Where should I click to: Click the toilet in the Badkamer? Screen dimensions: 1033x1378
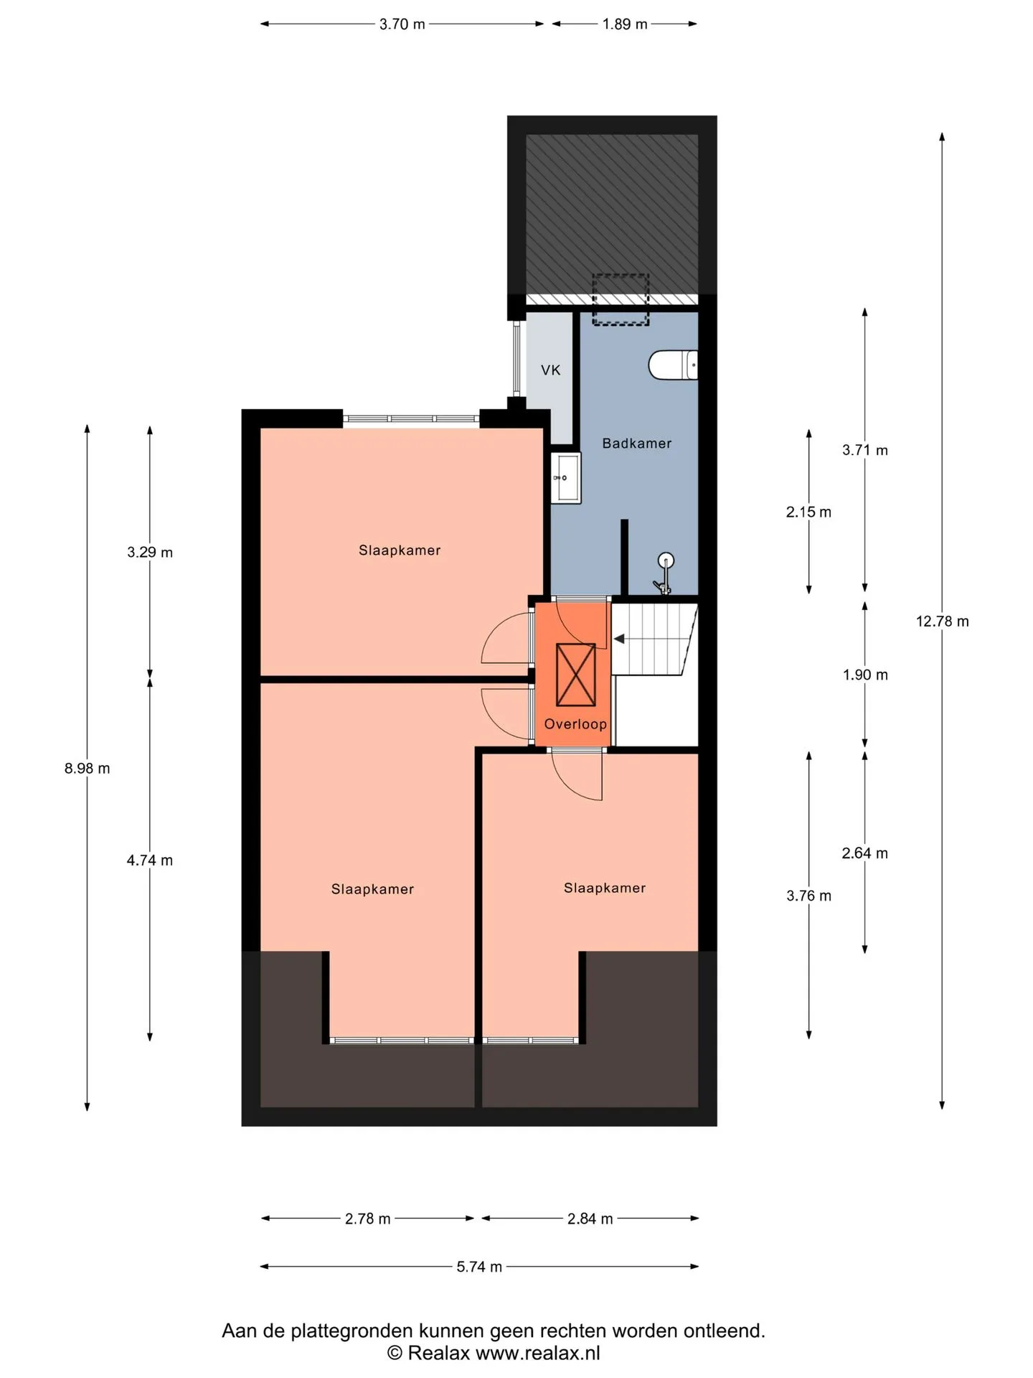point(673,365)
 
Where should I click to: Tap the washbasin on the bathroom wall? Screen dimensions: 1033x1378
point(566,477)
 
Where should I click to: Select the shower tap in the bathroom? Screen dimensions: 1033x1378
point(664,573)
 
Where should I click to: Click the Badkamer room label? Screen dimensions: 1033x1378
point(637,444)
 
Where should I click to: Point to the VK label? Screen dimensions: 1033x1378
point(551,370)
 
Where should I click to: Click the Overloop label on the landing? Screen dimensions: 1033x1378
point(575,724)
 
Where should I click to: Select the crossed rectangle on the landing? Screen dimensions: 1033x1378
point(576,675)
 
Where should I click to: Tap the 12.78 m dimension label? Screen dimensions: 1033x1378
point(942,622)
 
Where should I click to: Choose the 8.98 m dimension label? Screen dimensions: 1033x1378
point(88,769)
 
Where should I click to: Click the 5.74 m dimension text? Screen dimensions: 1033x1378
point(479,1267)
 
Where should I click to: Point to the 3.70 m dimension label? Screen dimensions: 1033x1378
point(402,24)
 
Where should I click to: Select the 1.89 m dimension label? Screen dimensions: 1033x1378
point(625,24)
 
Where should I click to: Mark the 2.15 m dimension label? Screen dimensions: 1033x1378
point(808,512)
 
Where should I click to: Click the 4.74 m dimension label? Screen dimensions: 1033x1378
point(150,861)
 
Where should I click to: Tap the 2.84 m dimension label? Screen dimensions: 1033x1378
point(590,1219)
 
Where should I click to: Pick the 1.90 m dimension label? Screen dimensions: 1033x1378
point(865,675)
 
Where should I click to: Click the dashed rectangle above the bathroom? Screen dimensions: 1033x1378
point(621,299)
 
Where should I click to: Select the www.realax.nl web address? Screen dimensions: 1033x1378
point(538,1354)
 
